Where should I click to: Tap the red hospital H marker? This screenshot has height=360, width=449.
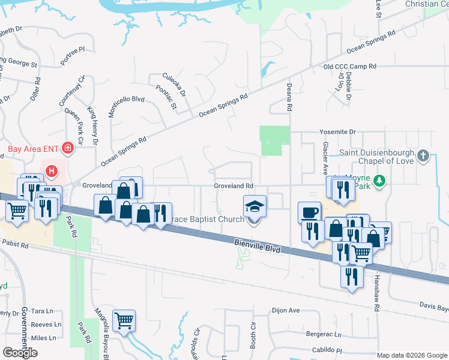pyautogui.click(x=52, y=171)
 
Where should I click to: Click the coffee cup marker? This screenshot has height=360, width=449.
pyautogui.click(x=309, y=212)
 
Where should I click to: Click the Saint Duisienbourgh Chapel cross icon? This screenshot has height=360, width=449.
pyautogui.click(x=423, y=156)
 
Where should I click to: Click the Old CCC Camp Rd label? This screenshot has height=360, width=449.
pyautogui.click(x=349, y=67)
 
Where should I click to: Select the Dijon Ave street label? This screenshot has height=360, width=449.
pyautogui.click(x=285, y=310)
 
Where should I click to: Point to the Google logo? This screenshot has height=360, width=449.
pyautogui.click(x=20, y=352)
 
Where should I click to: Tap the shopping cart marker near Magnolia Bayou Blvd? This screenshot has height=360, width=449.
pyautogui.click(x=124, y=320)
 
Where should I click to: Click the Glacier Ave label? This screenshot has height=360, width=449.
pyautogui.click(x=325, y=153)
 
